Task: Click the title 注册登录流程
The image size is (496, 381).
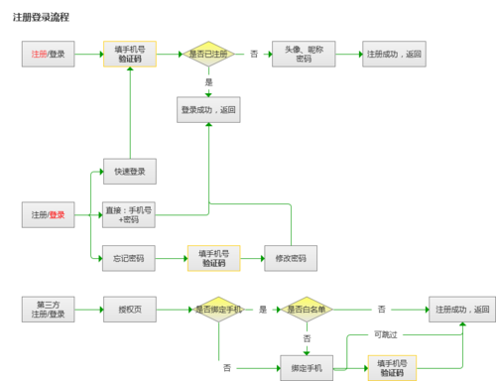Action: point(49,18)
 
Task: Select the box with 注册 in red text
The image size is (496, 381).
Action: point(49,54)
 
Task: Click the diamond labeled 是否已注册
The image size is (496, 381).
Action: point(208,54)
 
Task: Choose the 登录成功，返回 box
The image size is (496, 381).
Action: point(207,110)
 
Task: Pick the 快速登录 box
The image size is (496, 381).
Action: point(130,171)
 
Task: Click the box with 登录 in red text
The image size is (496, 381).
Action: point(49,214)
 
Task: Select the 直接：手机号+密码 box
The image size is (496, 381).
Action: point(130,214)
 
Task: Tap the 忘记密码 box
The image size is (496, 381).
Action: point(130,259)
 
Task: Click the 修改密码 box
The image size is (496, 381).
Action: point(290,259)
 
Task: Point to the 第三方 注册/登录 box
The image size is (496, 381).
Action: point(49,310)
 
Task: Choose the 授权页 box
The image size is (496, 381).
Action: point(130,310)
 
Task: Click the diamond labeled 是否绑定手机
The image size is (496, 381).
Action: point(218,310)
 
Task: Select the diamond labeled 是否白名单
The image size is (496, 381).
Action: point(307,310)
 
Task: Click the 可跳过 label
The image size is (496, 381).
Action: point(385,334)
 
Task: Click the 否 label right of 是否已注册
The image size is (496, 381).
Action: point(254,54)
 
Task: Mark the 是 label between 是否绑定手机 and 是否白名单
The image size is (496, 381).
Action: point(263,310)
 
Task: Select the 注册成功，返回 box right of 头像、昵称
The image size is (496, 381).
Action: point(394,54)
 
